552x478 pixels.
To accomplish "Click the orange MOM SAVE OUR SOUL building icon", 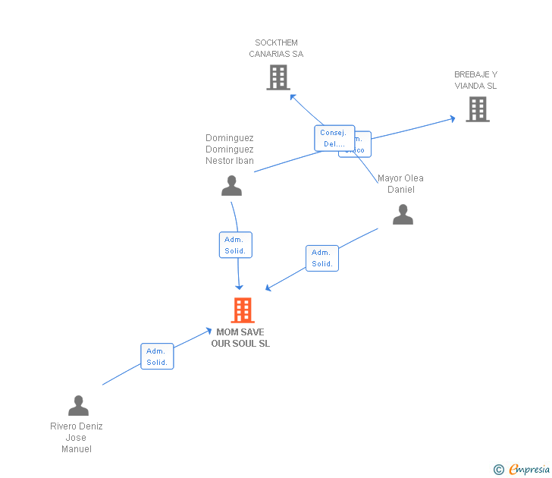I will pyautogui.click(x=242, y=310).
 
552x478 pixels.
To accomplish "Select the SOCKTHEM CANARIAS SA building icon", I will pyautogui.click(x=278, y=77).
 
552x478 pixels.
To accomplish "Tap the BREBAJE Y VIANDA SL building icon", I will pyautogui.click(x=477, y=109).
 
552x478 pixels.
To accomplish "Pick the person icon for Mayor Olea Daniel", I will pyautogui.click(x=403, y=215).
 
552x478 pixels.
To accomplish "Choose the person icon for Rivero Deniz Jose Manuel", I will pyautogui.click(x=78, y=406).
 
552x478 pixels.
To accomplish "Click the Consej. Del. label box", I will pyautogui.click(x=334, y=138).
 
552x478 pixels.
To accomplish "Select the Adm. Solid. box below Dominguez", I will pyautogui.click(x=235, y=245).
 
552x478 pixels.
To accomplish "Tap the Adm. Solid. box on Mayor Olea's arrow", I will pyautogui.click(x=322, y=258).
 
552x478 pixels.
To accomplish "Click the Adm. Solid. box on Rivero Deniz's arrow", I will pyautogui.click(x=157, y=357).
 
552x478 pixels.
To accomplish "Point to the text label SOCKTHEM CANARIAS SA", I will pyautogui.click(x=276, y=49).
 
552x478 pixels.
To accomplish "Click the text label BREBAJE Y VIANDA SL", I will pyautogui.click(x=475, y=80).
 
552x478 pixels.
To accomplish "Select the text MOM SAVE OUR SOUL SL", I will pyautogui.click(x=240, y=338).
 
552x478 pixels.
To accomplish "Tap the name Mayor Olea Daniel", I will pyautogui.click(x=400, y=184).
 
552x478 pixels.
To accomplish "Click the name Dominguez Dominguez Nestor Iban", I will pyautogui.click(x=230, y=149).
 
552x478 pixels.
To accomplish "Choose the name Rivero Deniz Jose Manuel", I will pyautogui.click(x=77, y=437).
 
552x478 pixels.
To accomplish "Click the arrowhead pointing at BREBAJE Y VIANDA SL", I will pyautogui.click(x=452, y=118).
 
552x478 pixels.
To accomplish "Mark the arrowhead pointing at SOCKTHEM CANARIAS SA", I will pyautogui.click(x=293, y=96).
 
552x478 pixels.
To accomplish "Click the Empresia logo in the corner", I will pyautogui.click(x=528, y=469).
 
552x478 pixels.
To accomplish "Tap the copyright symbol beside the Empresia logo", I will pyautogui.click(x=499, y=470).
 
